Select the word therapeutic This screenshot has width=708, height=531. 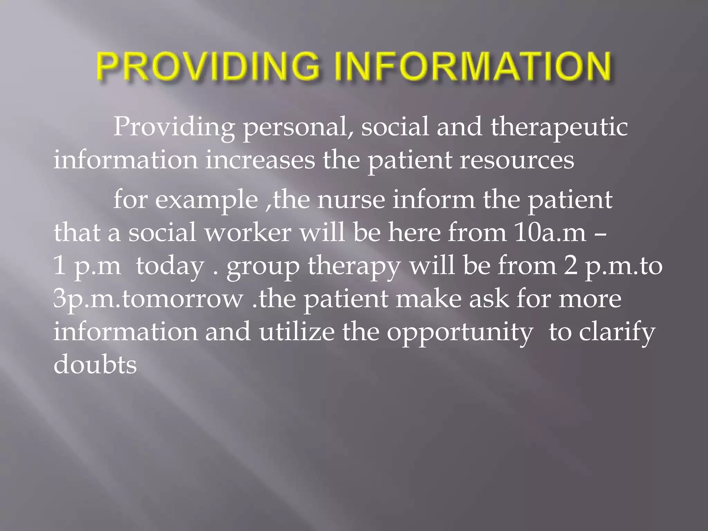point(559,127)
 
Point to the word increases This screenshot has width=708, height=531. point(260,160)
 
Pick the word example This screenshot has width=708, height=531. point(206,201)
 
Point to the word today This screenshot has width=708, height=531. point(170,266)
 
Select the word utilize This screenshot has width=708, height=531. point(297,332)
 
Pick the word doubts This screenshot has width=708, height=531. point(95,364)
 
